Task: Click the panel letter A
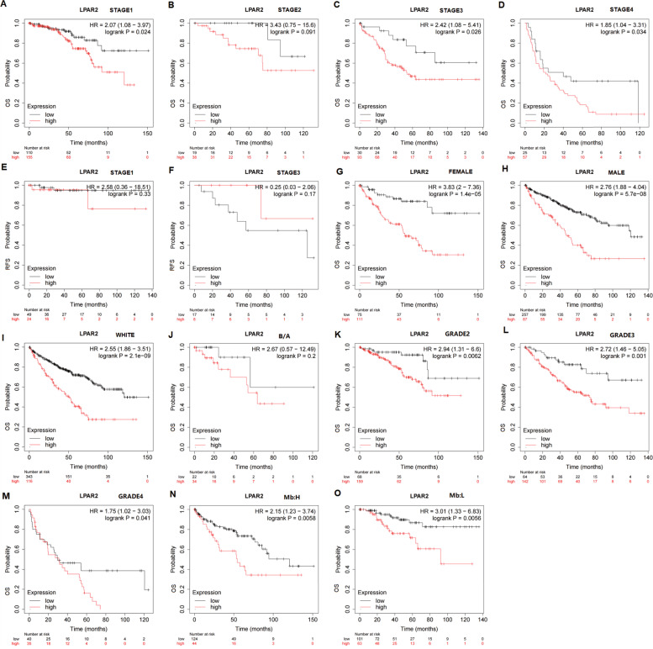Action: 5,5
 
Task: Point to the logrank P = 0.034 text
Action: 611,34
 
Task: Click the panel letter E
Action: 5,167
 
